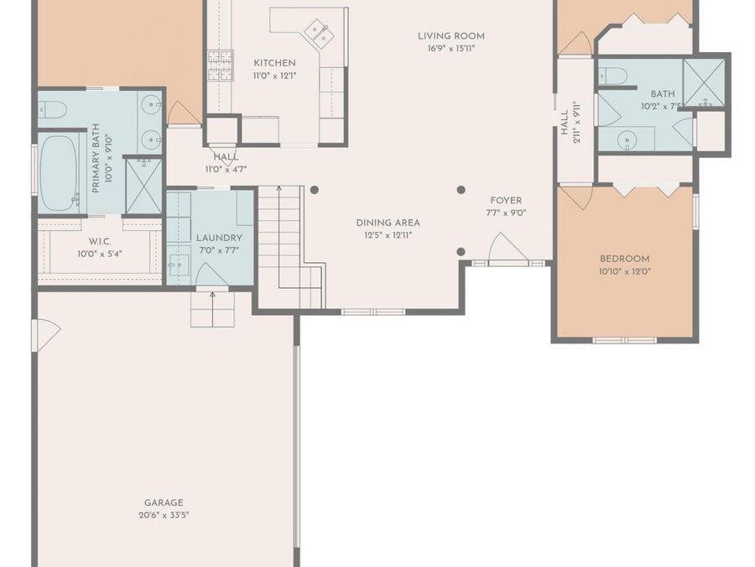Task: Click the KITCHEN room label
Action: (274, 63)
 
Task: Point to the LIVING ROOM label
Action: (451, 36)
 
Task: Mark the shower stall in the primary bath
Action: (143, 185)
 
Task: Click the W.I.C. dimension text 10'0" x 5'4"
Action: (100, 254)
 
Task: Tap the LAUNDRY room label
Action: (219, 238)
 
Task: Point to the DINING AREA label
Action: (388, 223)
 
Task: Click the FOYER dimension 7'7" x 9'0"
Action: (505, 213)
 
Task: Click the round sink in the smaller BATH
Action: (625, 139)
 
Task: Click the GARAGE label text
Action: (163, 502)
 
